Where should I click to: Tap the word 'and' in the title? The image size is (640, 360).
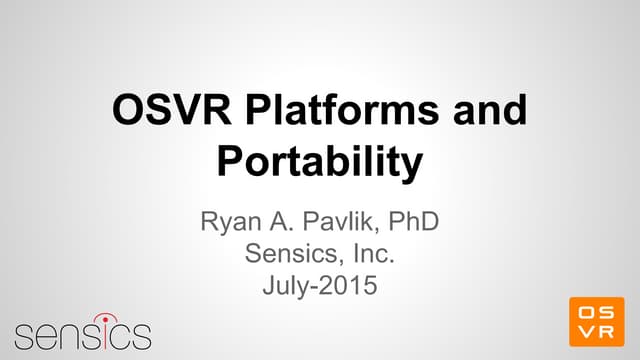pyautogui.click(x=487, y=111)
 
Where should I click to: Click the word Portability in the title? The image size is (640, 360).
pyautogui.click(x=319, y=161)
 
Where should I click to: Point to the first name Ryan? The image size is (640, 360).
pyautogui.click(x=232, y=218)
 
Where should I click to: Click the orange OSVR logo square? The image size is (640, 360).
pyautogui.click(x=596, y=322)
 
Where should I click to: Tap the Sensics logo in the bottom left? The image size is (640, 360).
pyautogui.click(x=82, y=332)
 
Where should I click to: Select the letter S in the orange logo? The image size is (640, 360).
pyautogui.click(x=607, y=312)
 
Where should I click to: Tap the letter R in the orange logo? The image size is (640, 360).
pyautogui.click(x=607, y=333)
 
